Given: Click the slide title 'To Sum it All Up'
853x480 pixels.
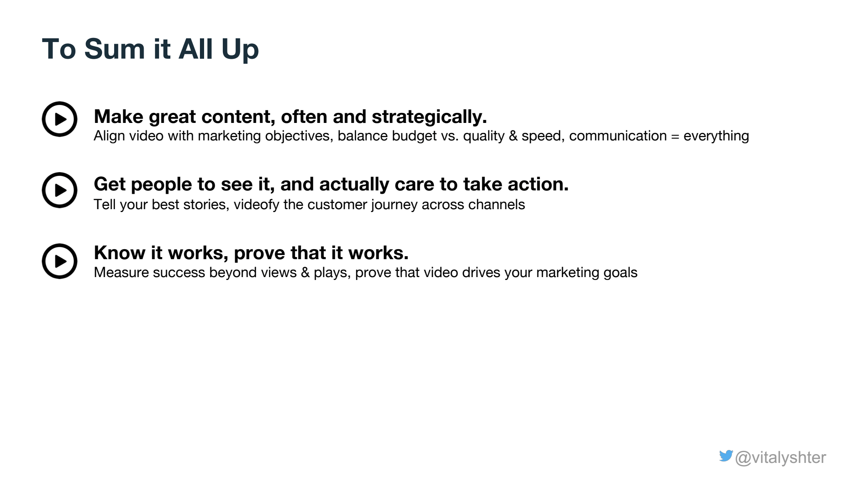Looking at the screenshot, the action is (x=150, y=49).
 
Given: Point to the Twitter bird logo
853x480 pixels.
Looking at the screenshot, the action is (x=726, y=456).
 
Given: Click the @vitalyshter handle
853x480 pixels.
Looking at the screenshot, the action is (x=781, y=458).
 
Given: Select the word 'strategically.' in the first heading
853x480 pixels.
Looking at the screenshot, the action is (x=429, y=117).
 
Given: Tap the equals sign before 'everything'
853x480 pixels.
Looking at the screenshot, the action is (x=675, y=136).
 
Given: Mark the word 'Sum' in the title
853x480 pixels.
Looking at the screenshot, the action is (x=115, y=49).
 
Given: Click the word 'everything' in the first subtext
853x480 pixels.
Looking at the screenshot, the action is (x=716, y=136).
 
